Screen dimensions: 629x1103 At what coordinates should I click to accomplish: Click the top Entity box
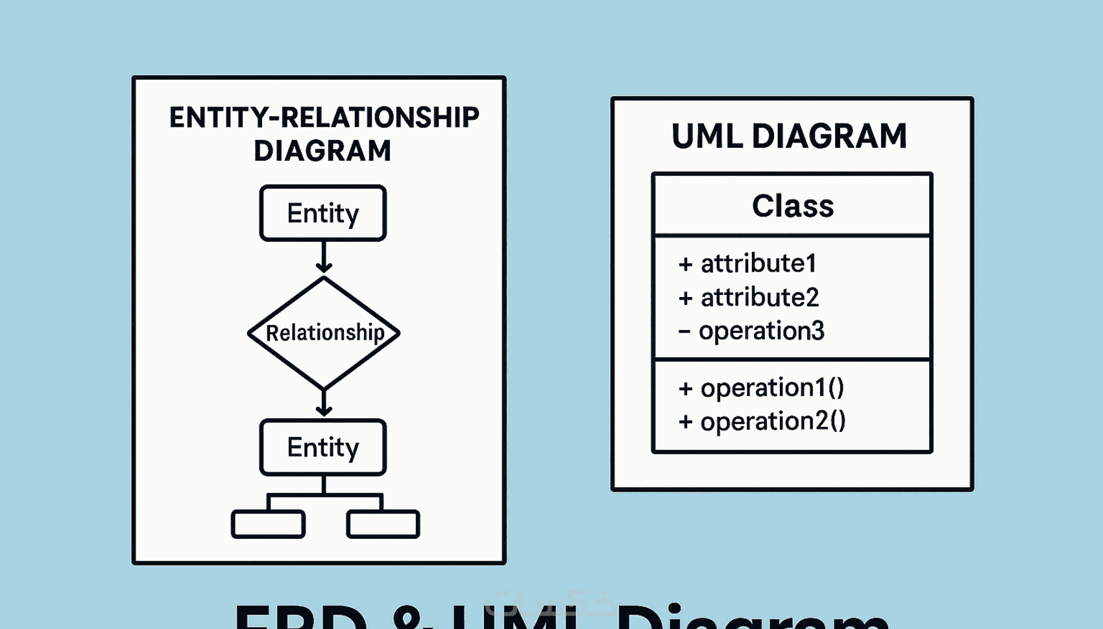tap(323, 213)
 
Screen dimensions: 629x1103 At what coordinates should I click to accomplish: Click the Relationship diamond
tap(324, 333)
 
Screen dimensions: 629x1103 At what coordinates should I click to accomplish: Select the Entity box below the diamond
tap(323, 447)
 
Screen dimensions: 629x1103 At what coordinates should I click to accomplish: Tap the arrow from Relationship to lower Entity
tap(324, 402)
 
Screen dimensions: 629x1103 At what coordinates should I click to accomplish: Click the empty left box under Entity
tap(268, 524)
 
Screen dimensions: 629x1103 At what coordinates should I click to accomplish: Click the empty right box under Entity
tap(383, 524)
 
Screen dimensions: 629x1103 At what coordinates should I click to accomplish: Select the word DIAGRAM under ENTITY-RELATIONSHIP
tap(322, 151)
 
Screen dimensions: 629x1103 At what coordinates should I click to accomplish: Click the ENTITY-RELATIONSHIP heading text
tap(324, 118)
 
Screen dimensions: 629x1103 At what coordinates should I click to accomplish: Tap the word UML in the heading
tap(707, 136)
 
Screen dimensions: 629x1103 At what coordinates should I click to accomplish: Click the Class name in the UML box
tap(793, 206)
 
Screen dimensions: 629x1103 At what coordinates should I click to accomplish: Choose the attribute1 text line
tap(758, 263)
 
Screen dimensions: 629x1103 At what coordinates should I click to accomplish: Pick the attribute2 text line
tap(759, 298)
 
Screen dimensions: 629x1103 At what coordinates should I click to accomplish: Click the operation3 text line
tap(761, 331)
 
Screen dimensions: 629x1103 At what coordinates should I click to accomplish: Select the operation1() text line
tap(772, 388)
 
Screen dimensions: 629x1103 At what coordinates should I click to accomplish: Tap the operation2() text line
tap(773, 421)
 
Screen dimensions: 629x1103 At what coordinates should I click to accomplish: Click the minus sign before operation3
tap(684, 332)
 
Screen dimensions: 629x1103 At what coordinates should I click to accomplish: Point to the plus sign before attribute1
tap(685, 264)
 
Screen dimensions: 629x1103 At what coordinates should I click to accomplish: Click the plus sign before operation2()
tap(685, 422)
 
